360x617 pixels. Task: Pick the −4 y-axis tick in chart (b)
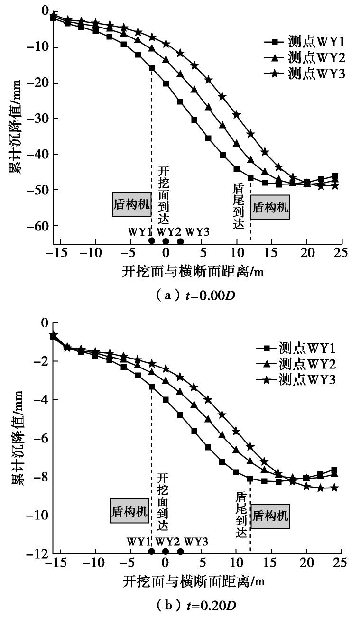coord(42,400)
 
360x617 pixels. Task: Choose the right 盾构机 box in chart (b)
coord(269,516)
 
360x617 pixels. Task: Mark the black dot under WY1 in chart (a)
coord(152,240)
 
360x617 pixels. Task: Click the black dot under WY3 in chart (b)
coord(180,551)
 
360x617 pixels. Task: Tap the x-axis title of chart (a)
coord(194,271)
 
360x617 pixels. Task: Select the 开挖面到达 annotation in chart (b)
coord(163,502)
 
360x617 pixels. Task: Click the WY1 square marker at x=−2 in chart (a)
coord(152,68)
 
